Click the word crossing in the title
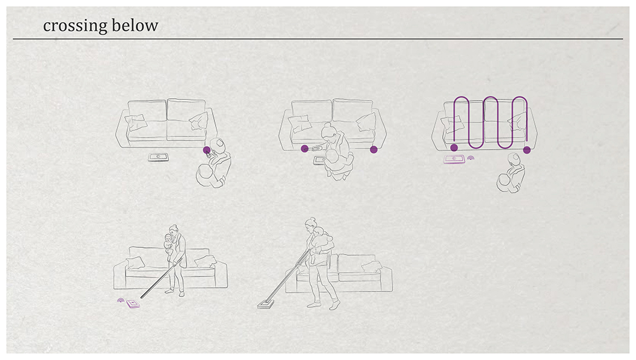tap(75, 26)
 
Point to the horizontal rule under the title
tap(318, 39)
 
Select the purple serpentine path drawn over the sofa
tap(491, 122)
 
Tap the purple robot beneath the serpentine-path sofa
tap(454, 159)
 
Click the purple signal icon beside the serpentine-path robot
tap(471, 158)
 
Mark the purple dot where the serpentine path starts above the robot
tap(454, 147)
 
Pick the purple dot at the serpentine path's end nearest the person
tap(527, 150)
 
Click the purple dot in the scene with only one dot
tap(207, 150)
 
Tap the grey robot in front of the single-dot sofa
tap(158, 157)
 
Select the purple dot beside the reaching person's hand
tap(305, 149)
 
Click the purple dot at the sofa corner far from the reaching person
tap(374, 149)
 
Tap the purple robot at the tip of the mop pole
tap(133, 304)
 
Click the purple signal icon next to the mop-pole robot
tap(121, 301)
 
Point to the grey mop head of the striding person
tap(266, 304)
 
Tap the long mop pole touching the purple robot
tap(159, 279)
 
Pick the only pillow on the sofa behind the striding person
tap(372, 267)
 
